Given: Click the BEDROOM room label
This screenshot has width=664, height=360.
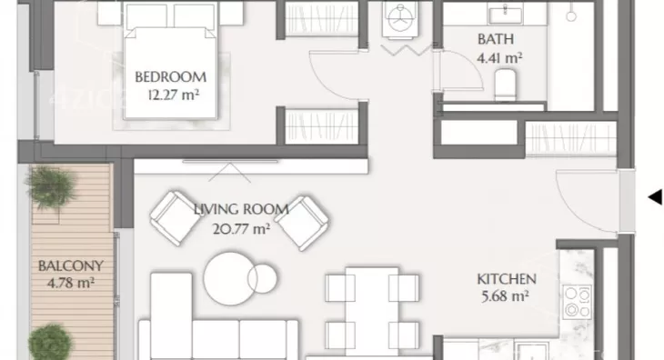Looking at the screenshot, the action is (x=171, y=77).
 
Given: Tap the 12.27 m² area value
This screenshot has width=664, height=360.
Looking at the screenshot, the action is (x=173, y=95).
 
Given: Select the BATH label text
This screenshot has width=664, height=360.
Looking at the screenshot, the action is (x=496, y=39).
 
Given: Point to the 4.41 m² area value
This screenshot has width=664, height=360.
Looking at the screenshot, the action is (x=499, y=57).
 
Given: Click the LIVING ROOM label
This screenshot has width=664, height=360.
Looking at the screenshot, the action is (x=241, y=209).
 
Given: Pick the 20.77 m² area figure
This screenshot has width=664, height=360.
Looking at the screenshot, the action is (x=241, y=229).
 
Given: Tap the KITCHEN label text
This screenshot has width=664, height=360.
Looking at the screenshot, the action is (x=507, y=279).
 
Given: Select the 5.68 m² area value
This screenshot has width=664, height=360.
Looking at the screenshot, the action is (x=505, y=296).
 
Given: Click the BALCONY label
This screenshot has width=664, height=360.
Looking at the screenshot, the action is (x=71, y=266).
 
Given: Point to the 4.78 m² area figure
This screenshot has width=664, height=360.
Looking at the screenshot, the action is (x=70, y=283).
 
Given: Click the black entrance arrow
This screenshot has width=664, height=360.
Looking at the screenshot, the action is (x=655, y=196).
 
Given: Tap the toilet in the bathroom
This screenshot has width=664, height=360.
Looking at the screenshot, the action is (x=505, y=85).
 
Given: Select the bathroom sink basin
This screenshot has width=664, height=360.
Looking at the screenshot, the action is (x=505, y=15).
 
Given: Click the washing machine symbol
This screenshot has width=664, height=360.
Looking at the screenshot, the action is (x=400, y=18).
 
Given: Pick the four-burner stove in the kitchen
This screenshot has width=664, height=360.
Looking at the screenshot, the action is (x=578, y=302).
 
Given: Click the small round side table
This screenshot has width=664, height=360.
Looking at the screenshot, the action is (x=263, y=279).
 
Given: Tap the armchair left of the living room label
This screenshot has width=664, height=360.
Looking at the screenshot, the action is (x=176, y=218).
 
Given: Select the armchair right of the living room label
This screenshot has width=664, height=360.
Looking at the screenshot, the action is (x=302, y=223).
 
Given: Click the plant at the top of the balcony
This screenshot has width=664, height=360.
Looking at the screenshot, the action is (x=52, y=186).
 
